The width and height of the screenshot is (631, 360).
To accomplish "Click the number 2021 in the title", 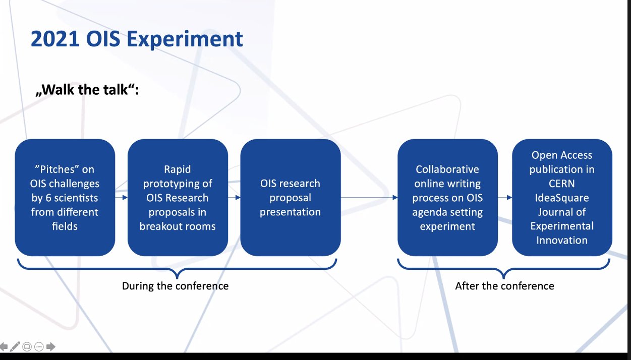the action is click(55, 39).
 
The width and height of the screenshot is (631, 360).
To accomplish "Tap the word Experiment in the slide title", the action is click(185, 40).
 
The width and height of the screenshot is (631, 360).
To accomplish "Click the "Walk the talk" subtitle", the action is click(87, 90).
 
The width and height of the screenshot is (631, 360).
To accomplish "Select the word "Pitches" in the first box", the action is click(56, 169).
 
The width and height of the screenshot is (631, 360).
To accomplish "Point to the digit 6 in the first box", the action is click(48, 198).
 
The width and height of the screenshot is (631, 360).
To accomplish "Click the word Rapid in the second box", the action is click(178, 169).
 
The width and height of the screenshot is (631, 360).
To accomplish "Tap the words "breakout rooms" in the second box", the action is click(178, 226).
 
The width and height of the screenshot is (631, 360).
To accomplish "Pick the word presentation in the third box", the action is click(290, 212).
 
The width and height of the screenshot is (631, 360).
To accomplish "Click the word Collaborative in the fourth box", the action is click(447, 169).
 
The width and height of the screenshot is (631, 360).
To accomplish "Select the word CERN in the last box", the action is click(562, 184).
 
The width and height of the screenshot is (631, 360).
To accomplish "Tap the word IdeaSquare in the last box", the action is click(562, 198).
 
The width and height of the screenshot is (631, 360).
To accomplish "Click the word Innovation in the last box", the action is click(562, 241).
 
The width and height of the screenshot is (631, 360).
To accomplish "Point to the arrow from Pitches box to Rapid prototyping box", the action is click(122, 198).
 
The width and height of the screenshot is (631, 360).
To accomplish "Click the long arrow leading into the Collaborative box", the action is click(369, 198).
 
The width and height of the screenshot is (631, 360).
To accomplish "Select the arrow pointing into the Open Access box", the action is click(505, 198).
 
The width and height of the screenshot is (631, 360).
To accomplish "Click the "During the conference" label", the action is click(175, 286).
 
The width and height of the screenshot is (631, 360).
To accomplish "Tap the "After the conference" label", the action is click(504, 286).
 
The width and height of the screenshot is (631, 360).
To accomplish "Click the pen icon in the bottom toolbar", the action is click(15, 346).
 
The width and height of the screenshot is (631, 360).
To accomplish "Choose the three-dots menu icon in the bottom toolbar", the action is click(39, 346).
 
